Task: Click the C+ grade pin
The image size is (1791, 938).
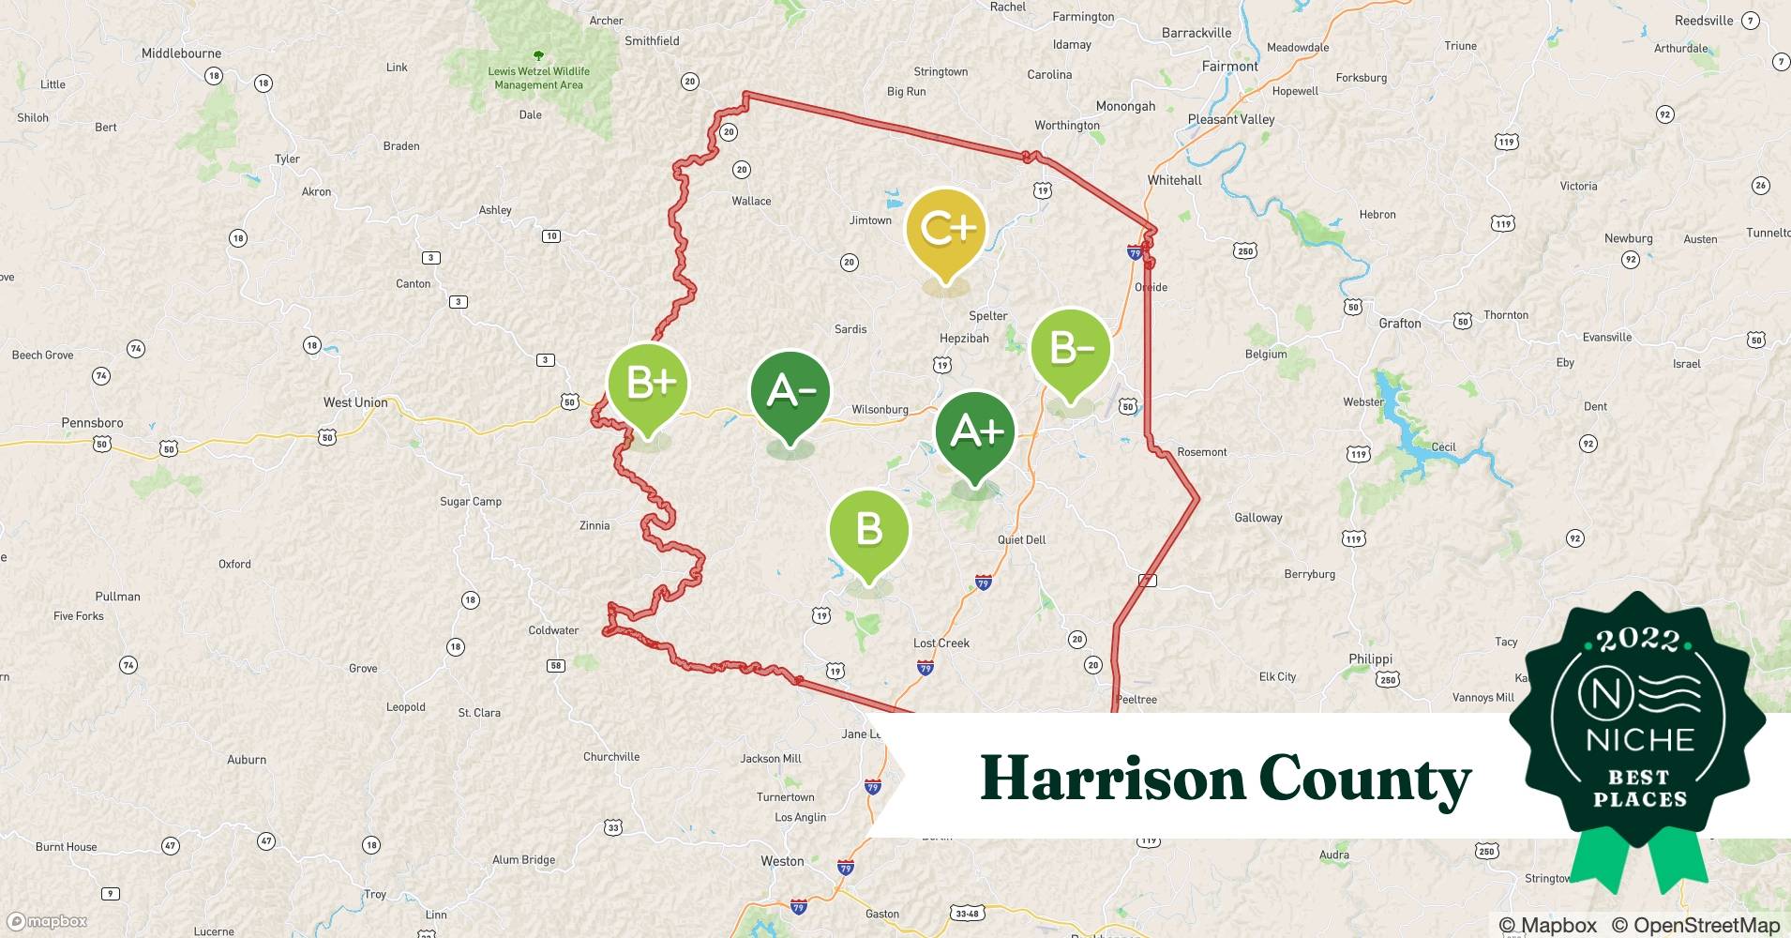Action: pyautogui.click(x=945, y=230)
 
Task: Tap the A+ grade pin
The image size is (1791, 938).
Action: pyautogui.click(x=975, y=432)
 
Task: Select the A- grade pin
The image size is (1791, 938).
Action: pyautogui.click(x=790, y=392)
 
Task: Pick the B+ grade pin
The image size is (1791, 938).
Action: pyautogui.click(x=648, y=384)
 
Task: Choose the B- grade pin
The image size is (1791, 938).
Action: pyautogui.click(x=1070, y=350)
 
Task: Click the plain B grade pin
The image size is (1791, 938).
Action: pyautogui.click(x=868, y=531)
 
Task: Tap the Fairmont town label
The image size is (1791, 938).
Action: pyautogui.click(x=1229, y=67)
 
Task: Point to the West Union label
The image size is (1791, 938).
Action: pyautogui.click(x=355, y=402)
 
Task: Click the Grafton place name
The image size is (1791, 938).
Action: pyautogui.click(x=1399, y=324)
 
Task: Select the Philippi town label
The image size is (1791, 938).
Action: pyautogui.click(x=1370, y=659)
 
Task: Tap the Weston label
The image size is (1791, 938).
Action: pyautogui.click(x=782, y=861)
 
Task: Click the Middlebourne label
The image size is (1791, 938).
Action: pyautogui.click(x=181, y=53)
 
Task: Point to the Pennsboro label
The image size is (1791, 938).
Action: pyautogui.click(x=92, y=423)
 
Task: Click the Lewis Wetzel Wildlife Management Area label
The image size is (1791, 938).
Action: pyautogui.click(x=538, y=78)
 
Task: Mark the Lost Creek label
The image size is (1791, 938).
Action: pyautogui.click(x=941, y=643)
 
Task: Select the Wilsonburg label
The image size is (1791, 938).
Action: pyautogui.click(x=880, y=410)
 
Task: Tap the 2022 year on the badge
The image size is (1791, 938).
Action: pyautogui.click(x=1638, y=641)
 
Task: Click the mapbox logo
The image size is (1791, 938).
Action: pyautogui.click(x=48, y=921)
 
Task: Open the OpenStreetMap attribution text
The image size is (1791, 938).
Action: pyautogui.click(x=1695, y=926)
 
